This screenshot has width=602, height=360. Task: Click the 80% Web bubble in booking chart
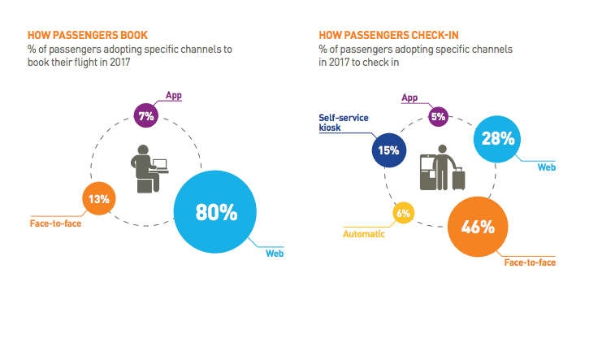[x=216, y=212]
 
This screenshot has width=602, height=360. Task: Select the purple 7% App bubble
[x=146, y=116]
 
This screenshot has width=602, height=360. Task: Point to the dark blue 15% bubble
[x=388, y=150]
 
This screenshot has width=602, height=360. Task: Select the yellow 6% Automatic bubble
[x=404, y=215]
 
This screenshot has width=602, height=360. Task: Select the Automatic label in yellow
[x=364, y=234]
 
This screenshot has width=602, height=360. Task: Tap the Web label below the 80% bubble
[x=275, y=253]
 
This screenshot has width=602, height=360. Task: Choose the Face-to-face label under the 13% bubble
[x=55, y=221]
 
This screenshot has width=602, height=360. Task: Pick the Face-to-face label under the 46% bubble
[x=530, y=262]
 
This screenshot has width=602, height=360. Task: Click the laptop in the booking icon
[x=160, y=164]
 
